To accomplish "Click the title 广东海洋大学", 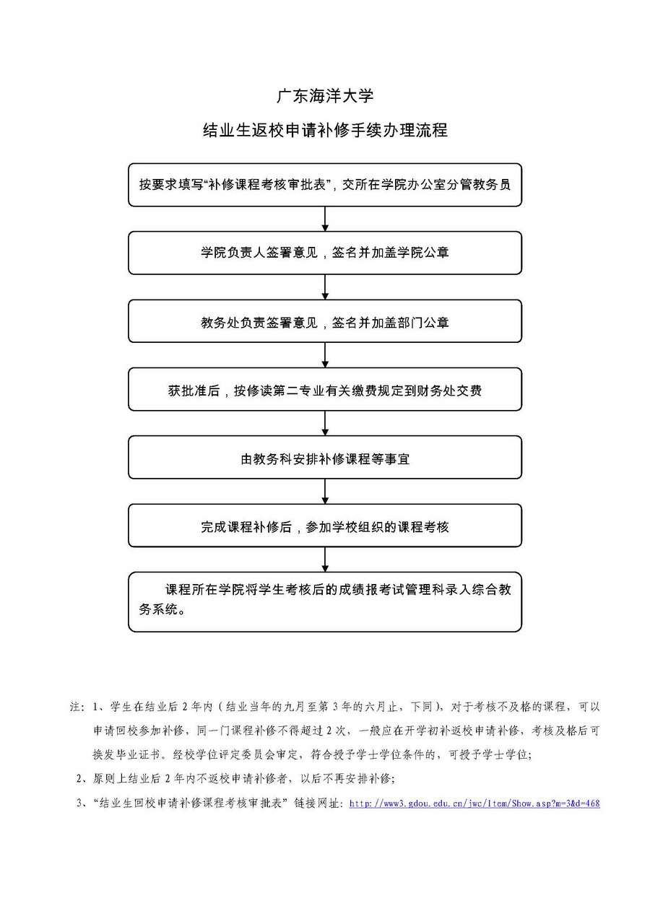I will [x=325, y=96].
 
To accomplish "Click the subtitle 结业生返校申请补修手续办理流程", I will [x=325, y=131].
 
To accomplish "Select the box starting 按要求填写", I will [x=325, y=185].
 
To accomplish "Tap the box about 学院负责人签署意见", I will [x=325, y=253].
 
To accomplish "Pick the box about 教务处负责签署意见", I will [x=325, y=321].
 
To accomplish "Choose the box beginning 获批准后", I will [x=325, y=390].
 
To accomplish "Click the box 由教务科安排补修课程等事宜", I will [x=325, y=458].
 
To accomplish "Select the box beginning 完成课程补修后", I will [x=325, y=526].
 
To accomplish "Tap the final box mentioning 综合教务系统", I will [x=325, y=601].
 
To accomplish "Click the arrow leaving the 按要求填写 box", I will [x=325, y=219].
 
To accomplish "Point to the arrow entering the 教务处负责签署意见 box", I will [x=325, y=287].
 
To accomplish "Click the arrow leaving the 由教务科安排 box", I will [x=325, y=492].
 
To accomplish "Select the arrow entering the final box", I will [x=325, y=559].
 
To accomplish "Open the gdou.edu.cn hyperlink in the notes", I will [x=474, y=803].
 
